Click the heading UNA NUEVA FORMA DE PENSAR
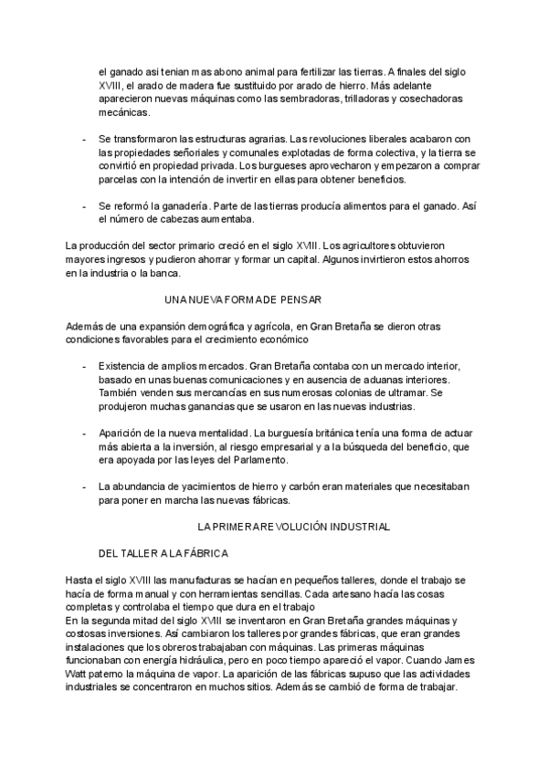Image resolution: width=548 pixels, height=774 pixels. coord(242,299)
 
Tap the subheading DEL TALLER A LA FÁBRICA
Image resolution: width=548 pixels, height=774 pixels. coord(163,553)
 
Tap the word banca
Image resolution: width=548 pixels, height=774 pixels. coord(167,273)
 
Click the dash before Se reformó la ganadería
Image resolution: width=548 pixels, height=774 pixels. coord(85,206)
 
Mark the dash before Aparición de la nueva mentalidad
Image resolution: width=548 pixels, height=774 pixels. coord(85,433)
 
